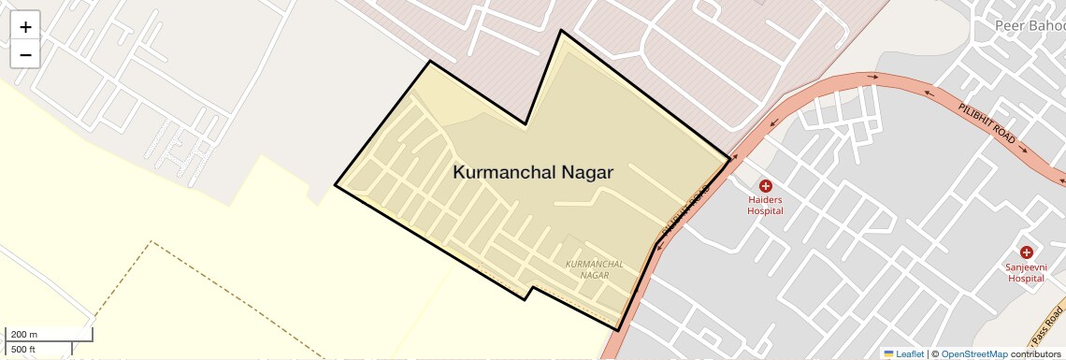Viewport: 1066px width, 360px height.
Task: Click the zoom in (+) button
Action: (25, 27)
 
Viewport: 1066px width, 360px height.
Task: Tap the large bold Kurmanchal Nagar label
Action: (533, 172)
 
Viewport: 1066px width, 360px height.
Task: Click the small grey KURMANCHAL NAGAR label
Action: (589, 269)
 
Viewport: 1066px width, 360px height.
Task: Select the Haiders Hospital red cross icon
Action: (765, 186)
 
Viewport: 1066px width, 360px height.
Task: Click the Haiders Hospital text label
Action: (765, 205)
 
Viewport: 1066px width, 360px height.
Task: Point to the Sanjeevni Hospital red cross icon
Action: (1026, 252)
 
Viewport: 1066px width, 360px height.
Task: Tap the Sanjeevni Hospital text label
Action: (1025, 272)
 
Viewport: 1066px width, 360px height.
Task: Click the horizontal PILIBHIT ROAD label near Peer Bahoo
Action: (987, 122)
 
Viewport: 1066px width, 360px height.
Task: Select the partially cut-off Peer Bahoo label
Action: (1029, 24)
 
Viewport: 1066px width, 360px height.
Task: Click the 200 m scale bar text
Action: (25, 334)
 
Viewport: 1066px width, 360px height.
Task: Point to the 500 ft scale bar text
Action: (25, 350)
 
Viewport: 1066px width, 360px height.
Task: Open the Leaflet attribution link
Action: (910, 353)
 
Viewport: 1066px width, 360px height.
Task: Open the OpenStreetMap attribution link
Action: (974, 353)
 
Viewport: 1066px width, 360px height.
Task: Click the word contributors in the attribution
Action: (1036, 353)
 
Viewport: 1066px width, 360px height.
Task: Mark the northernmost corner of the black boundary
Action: (561, 30)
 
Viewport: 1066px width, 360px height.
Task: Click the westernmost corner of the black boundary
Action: (335, 185)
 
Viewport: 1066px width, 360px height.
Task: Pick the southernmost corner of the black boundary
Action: (618, 330)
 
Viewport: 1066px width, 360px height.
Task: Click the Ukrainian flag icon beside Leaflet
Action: (888, 353)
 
